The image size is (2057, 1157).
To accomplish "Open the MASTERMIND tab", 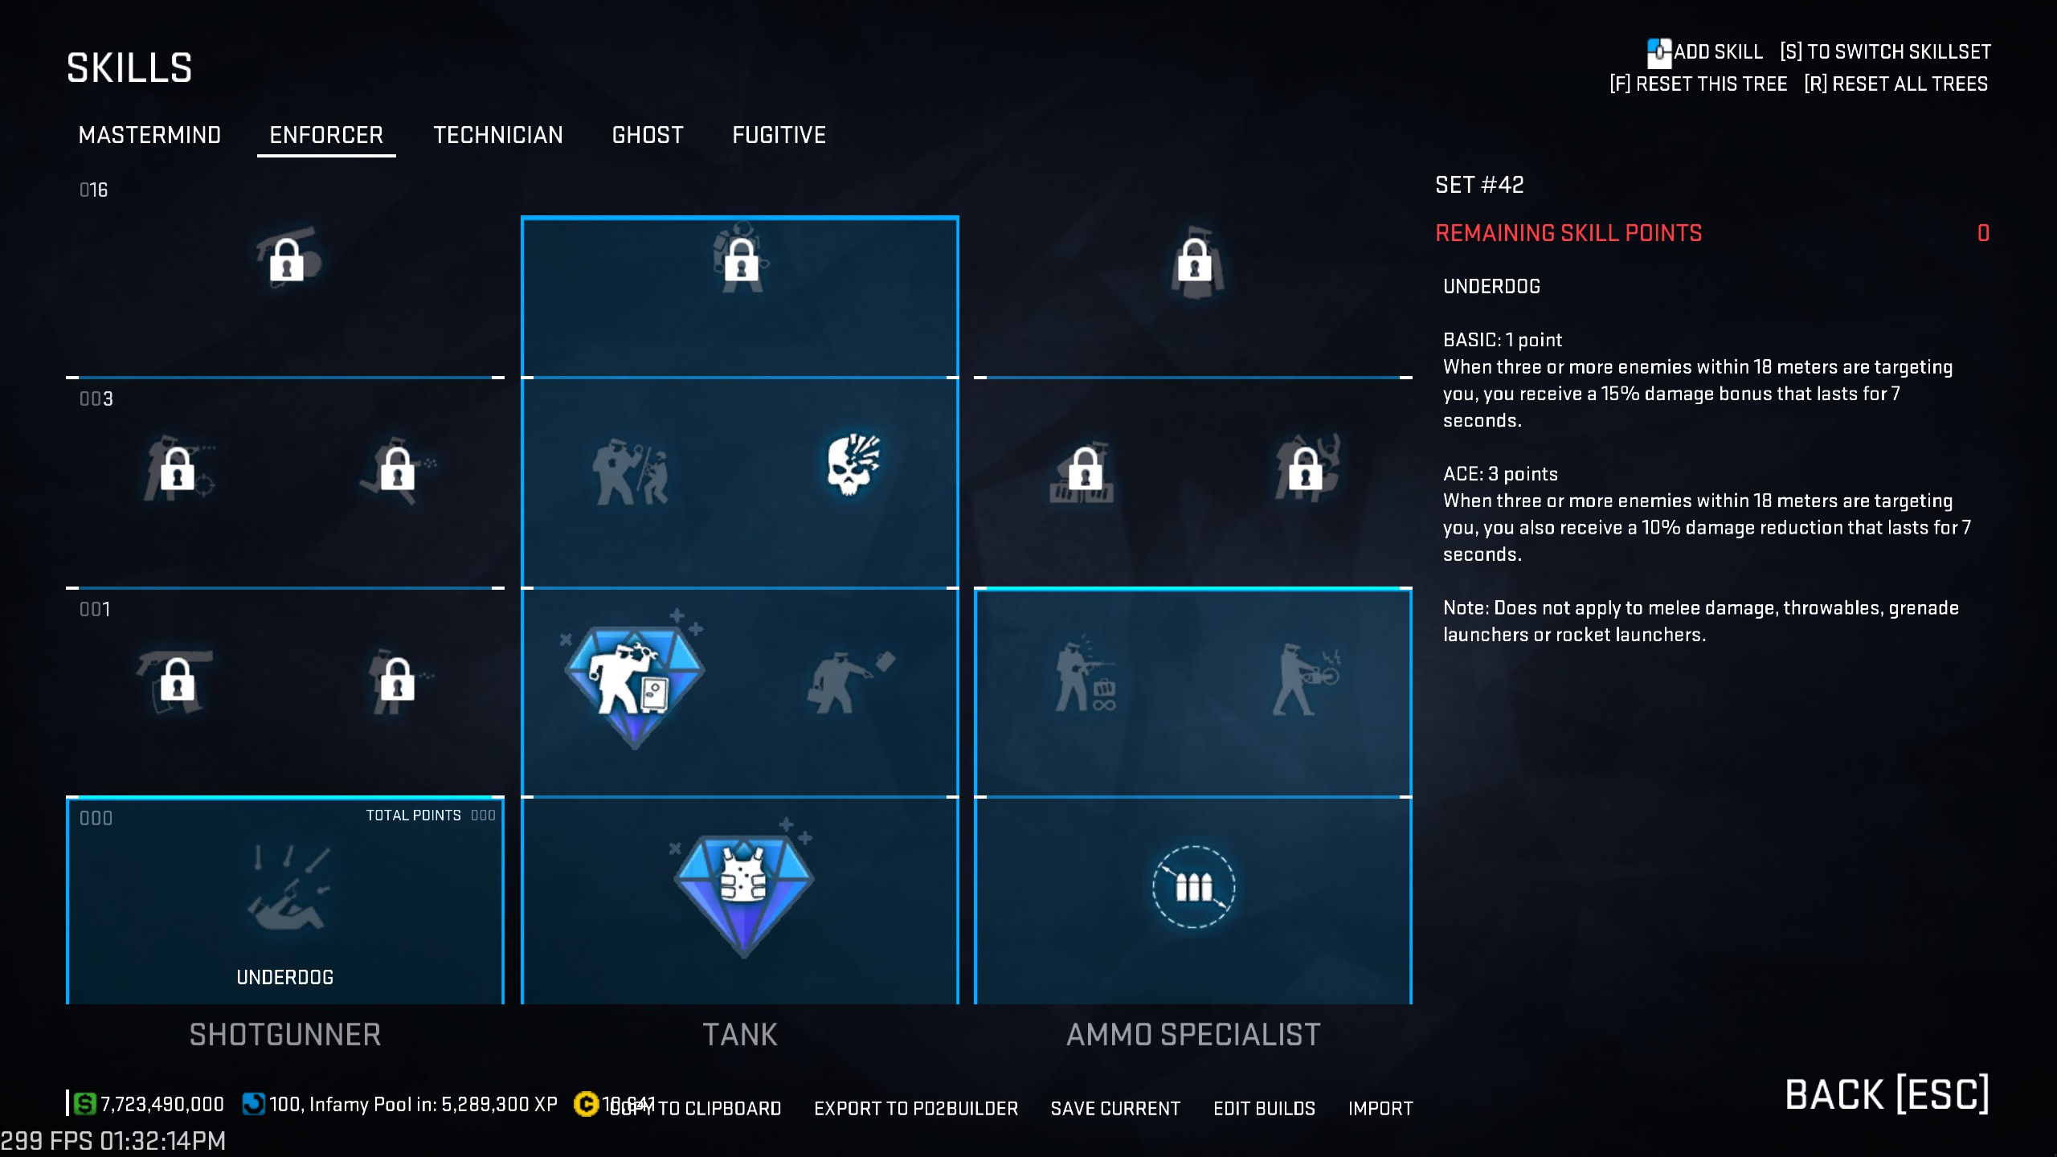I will pyautogui.click(x=149, y=135).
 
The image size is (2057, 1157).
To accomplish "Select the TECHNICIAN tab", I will pyautogui.click(x=498, y=135).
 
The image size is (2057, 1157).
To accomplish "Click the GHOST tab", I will pyautogui.click(x=648, y=135).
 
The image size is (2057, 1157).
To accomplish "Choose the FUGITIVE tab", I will pyautogui.click(x=779, y=135).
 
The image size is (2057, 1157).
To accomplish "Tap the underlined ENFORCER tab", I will pyautogui.click(x=326, y=135).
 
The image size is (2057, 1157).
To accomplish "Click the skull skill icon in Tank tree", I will pyautogui.click(x=853, y=465).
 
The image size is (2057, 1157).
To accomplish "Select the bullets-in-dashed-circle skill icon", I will pyautogui.click(x=1193, y=887).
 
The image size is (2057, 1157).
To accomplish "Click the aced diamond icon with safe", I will pyautogui.click(x=634, y=682).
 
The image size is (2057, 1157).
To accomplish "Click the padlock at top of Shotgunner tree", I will pyautogui.click(x=287, y=259).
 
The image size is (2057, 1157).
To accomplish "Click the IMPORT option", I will pyautogui.click(x=1380, y=1109).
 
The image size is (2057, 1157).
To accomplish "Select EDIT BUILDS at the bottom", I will pyautogui.click(x=1264, y=1109).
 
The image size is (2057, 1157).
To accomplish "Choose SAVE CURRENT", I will pyautogui.click(x=1115, y=1109).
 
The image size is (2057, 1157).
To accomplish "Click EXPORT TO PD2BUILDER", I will pyautogui.click(x=916, y=1109).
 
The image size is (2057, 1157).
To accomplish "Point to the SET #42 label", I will pyautogui.click(x=1479, y=186).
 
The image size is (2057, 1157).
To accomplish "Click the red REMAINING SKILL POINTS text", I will pyautogui.click(x=1568, y=234).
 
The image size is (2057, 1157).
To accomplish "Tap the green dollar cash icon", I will pyautogui.click(x=84, y=1104).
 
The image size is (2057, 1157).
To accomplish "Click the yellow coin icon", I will pyautogui.click(x=586, y=1104).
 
